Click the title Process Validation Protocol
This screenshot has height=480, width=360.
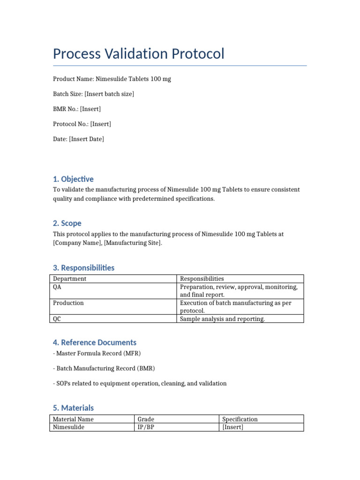tap(139, 54)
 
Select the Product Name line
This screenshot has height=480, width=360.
tap(112, 79)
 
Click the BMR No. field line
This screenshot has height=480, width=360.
tap(77, 109)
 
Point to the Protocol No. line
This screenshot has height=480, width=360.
tap(82, 124)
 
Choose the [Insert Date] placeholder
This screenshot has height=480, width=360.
tap(87, 139)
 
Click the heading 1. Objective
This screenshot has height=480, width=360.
tap(73, 179)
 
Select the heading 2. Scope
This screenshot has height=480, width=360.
tap(67, 224)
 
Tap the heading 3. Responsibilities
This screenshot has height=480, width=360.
tap(83, 268)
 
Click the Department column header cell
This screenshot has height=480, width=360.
tap(69, 279)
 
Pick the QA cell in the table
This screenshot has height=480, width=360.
tap(57, 287)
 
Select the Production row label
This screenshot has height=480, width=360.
tap(68, 303)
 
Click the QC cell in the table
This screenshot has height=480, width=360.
tap(57, 319)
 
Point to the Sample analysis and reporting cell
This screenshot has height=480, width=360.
tap(223, 319)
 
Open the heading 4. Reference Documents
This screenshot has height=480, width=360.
tap(95, 343)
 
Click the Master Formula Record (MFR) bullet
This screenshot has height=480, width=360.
tap(97, 353)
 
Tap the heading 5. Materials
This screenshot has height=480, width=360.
tap(73, 408)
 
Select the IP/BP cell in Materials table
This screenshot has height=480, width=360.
tap(146, 427)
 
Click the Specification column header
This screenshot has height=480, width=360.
tap(240, 420)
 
